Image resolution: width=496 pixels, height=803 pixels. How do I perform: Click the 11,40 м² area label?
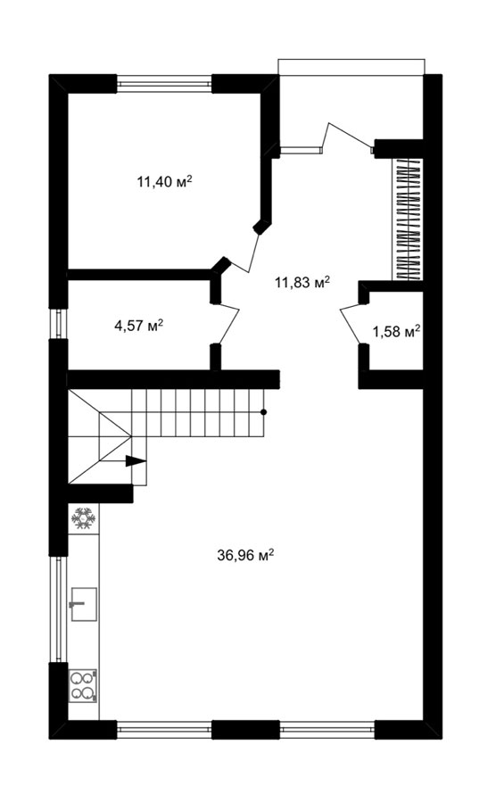click(x=164, y=181)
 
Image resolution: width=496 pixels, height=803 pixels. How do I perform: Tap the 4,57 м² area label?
click(x=138, y=325)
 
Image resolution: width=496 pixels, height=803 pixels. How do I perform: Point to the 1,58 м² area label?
click(x=396, y=332)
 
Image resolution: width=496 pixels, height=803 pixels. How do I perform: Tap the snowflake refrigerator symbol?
click(x=84, y=518)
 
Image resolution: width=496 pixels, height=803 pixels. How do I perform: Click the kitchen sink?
click(x=84, y=604)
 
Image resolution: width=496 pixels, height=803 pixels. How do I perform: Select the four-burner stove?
click(x=83, y=686)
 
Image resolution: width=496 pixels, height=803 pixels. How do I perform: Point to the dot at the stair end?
click(x=263, y=411)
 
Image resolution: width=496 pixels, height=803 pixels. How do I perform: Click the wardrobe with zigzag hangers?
click(x=408, y=219)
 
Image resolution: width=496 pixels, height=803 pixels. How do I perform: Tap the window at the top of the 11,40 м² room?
click(x=164, y=84)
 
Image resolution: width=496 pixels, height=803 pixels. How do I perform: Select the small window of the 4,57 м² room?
click(x=58, y=324)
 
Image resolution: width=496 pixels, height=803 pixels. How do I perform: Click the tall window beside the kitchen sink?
click(x=58, y=608)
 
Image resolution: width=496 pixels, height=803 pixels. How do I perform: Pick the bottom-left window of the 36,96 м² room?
click(x=164, y=729)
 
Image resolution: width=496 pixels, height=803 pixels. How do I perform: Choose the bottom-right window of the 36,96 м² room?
click(x=327, y=729)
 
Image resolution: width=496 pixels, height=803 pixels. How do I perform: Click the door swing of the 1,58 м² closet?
click(x=354, y=324)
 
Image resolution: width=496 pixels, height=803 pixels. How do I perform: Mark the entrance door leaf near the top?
click(x=348, y=137)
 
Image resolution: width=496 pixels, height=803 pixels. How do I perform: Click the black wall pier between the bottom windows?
click(x=245, y=729)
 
